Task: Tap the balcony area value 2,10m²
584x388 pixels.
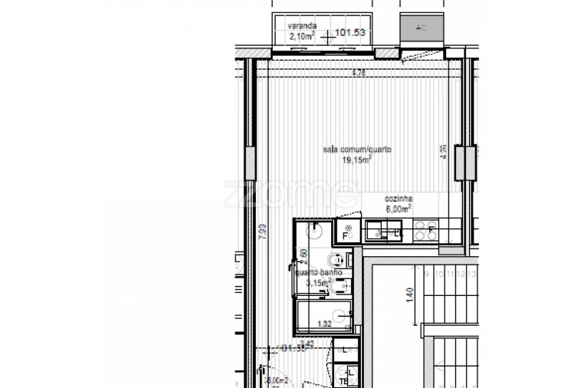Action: click(x=301, y=35)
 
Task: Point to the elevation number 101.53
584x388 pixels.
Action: click(x=350, y=33)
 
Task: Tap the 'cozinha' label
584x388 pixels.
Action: click(x=399, y=198)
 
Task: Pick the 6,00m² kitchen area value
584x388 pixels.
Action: click(x=399, y=208)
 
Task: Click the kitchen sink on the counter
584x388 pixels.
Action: click(x=381, y=229)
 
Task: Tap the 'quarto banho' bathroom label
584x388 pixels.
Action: click(x=313, y=272)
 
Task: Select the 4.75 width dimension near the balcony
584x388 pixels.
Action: click(x=357, y=73)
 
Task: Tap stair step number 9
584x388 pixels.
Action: click(x=426, y=273)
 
